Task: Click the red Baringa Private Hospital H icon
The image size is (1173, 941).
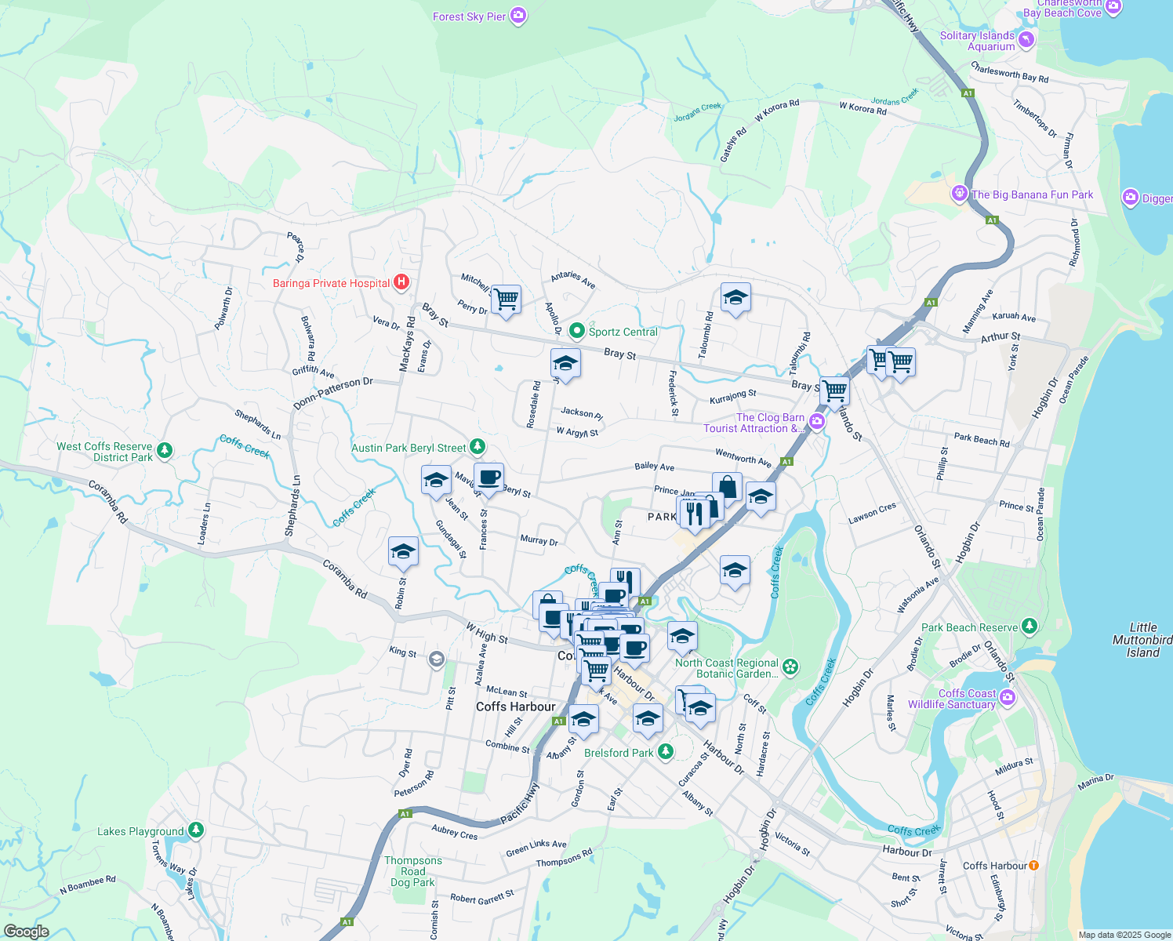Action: [x=401, y=282]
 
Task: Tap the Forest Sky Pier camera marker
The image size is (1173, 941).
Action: [x=517, y=16]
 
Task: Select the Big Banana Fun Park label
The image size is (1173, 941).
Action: [x=1032, y=194]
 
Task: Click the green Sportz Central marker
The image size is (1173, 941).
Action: [x=577, y=331]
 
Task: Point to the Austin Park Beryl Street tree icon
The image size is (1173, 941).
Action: [x=477, y=447]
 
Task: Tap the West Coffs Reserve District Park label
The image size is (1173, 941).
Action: [x=104, y=452]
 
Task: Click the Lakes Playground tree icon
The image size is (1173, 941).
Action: [x=196, y=830]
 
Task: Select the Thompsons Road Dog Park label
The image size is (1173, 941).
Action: [x=413, y=871]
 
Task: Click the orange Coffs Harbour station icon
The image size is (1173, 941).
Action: [x=1033, y=866]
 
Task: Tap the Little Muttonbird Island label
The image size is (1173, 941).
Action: [x=1142, y=640]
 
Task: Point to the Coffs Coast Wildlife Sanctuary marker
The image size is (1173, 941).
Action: [x=1008, y=696]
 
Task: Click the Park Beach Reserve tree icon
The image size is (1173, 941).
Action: [x=1030, y=626]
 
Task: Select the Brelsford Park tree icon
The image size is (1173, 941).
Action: [x=665, y=751]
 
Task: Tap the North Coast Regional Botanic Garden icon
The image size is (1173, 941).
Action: [x=790, y=667]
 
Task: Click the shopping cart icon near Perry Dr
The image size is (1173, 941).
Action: [x=506, y=299]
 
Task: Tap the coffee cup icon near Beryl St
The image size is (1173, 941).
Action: [x=488, y=477]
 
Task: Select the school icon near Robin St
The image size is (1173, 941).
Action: [x=403, y=550]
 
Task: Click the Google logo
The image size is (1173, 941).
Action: [x=27, y=931]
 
